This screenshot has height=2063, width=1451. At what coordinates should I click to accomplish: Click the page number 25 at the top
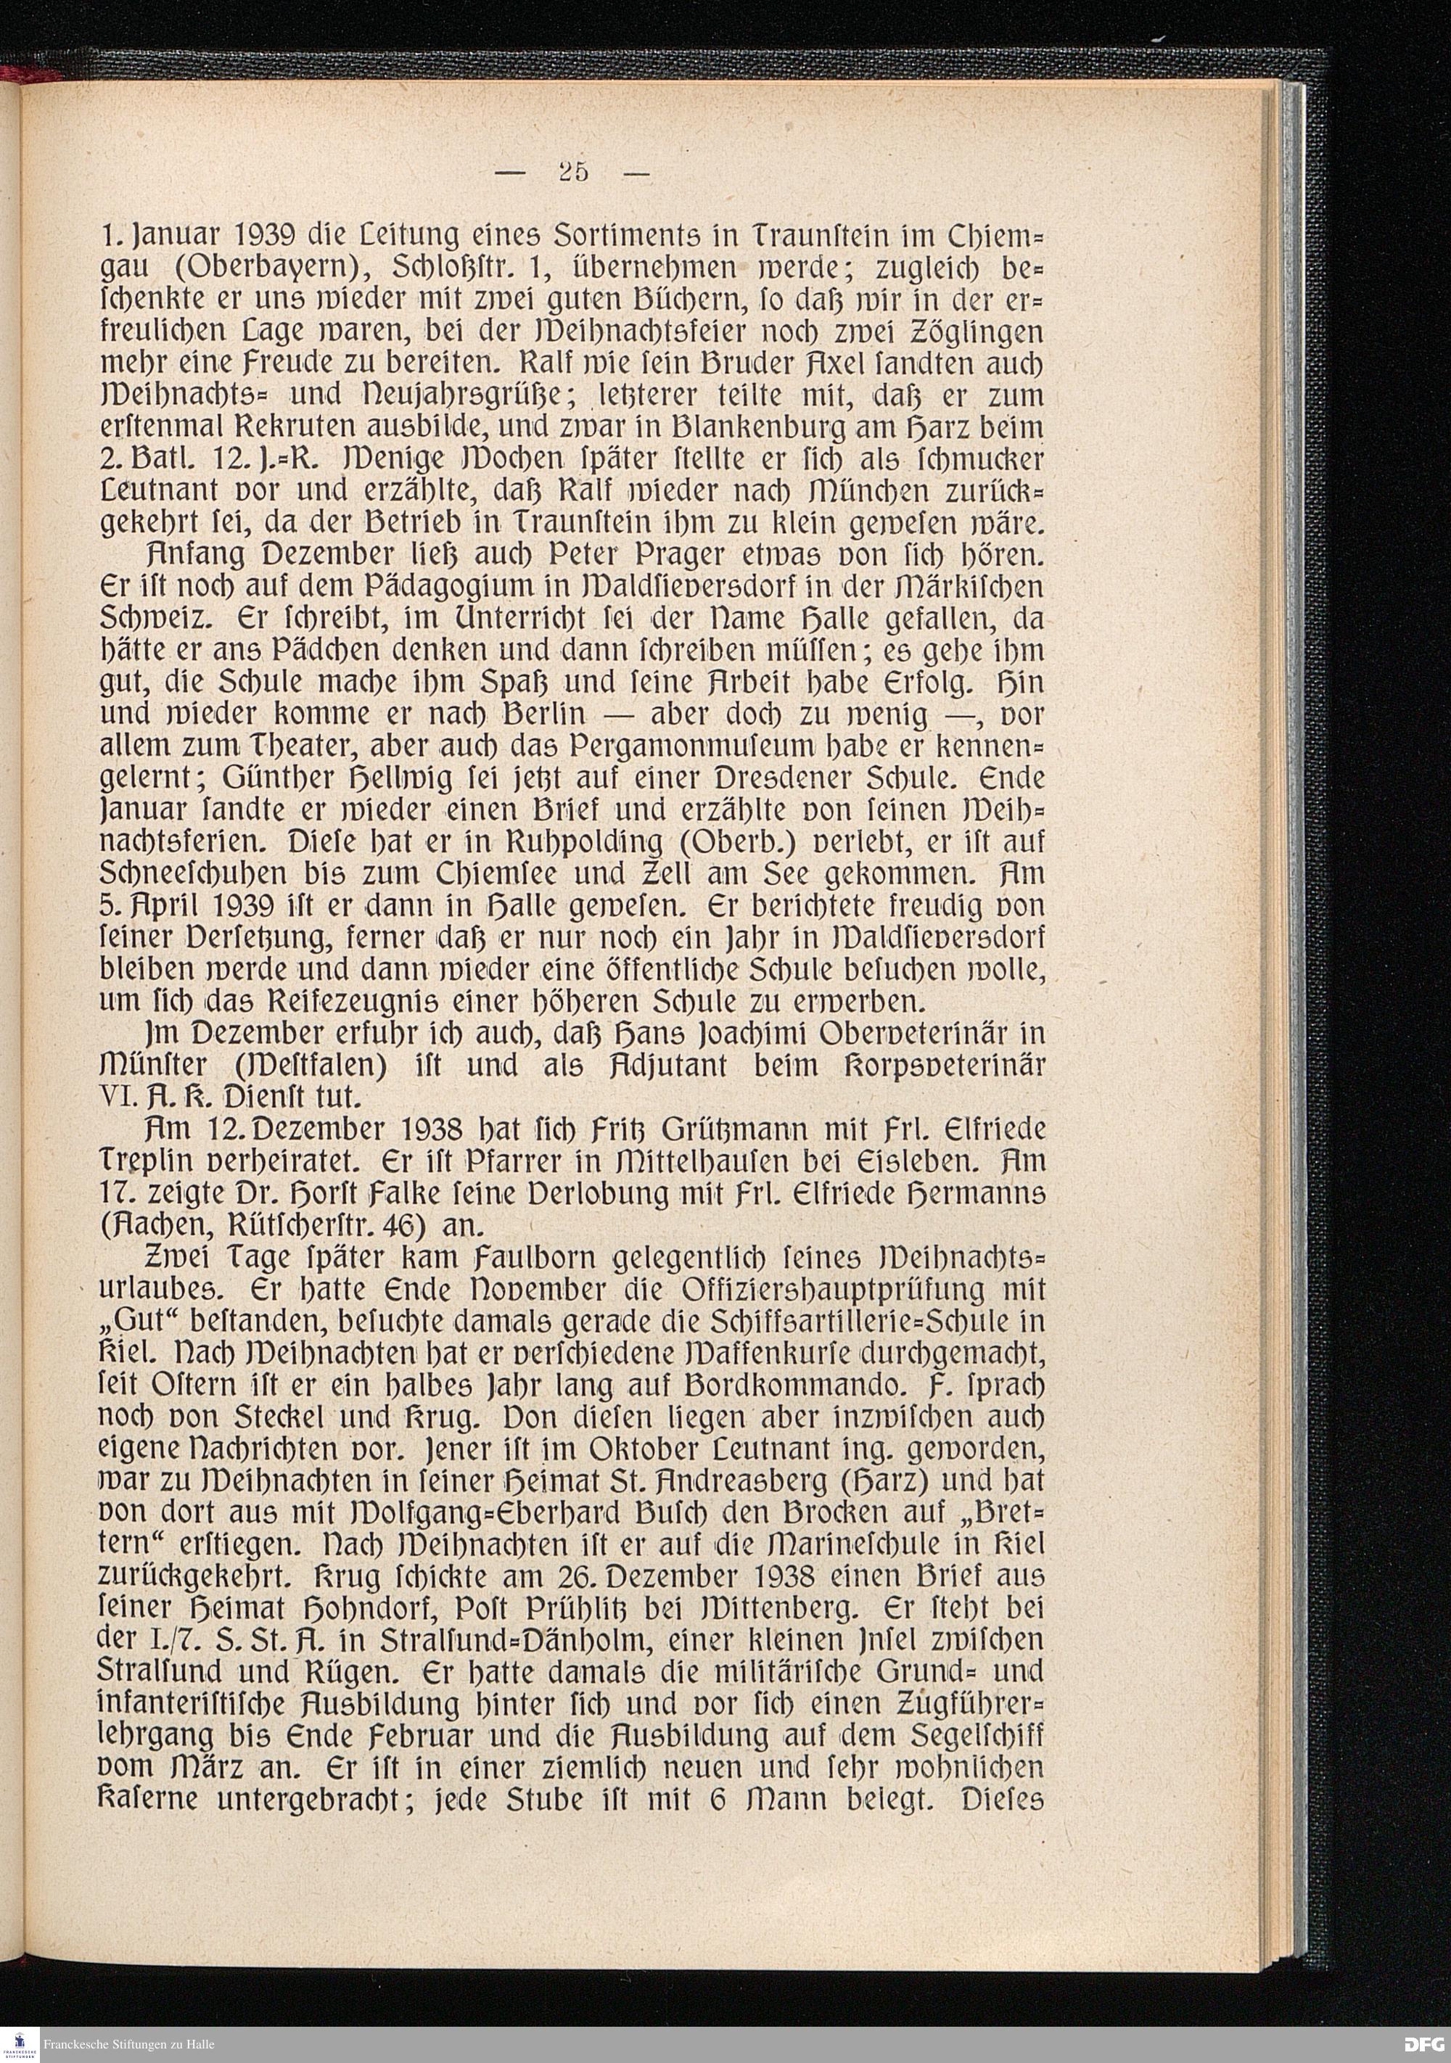tap(572, 172)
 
